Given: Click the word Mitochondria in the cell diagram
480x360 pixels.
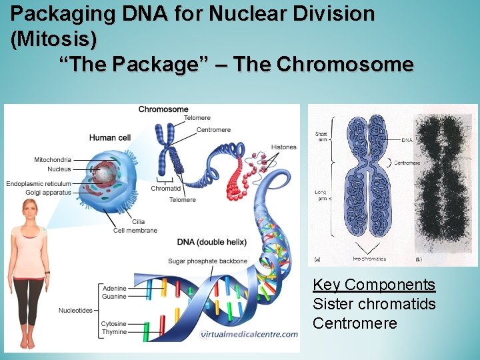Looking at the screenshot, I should click(53, 160).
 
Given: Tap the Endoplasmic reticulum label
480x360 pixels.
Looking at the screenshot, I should click(38, 183).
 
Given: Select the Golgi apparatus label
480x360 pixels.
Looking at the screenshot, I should click(49, 192).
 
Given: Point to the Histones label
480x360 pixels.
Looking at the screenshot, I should click(284, 147).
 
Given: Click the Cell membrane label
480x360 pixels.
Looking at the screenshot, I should click(135, 231).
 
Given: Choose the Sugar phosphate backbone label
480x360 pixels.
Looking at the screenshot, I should click(207, 261).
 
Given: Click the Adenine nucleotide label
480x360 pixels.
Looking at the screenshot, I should click(114, 288).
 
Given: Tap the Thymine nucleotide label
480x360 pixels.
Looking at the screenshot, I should click(114, 332).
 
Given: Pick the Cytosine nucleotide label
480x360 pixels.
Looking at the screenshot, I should click(114, 324).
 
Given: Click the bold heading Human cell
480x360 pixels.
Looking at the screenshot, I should click(113, 138).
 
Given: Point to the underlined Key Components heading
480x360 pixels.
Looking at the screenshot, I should click(374, 285).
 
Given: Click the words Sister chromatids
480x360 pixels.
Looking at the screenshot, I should click(374, 304).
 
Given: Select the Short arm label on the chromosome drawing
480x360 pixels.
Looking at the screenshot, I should click(321, 137).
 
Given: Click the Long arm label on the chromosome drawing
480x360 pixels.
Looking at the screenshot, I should click(321, 195).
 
